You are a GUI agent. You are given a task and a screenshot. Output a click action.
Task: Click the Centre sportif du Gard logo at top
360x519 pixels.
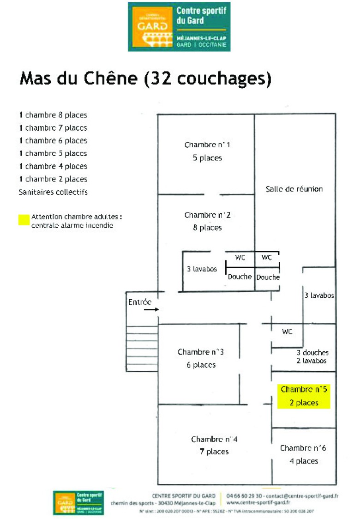[x=179, y=26]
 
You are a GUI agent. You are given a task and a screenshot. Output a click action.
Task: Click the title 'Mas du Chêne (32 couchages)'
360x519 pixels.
[x=145, y=78]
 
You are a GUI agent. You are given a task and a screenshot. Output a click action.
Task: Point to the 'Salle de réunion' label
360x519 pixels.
[x=294, y=189]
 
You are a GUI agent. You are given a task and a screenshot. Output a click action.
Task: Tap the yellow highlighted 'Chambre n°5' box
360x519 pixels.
[x=303, y=396]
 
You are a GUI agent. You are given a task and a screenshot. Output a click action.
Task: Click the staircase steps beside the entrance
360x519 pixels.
[x=142, y=348]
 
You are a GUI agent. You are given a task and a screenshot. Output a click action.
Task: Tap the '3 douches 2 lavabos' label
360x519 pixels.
[x=312, y=356]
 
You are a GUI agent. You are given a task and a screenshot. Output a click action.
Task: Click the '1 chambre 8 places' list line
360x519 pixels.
[x=53, y=115]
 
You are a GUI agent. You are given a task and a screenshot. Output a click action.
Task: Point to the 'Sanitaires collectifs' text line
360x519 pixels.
[x=53, y=192]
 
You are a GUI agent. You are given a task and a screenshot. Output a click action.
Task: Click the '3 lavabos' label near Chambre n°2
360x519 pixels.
[x=202, y=269]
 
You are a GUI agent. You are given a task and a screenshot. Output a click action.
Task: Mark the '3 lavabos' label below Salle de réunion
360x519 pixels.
[x=319, y=295]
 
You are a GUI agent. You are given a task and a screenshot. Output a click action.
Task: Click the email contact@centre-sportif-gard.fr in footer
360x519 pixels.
[x=300, y=496]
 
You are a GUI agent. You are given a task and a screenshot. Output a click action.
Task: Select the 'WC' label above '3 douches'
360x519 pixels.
[x=287, y=332]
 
